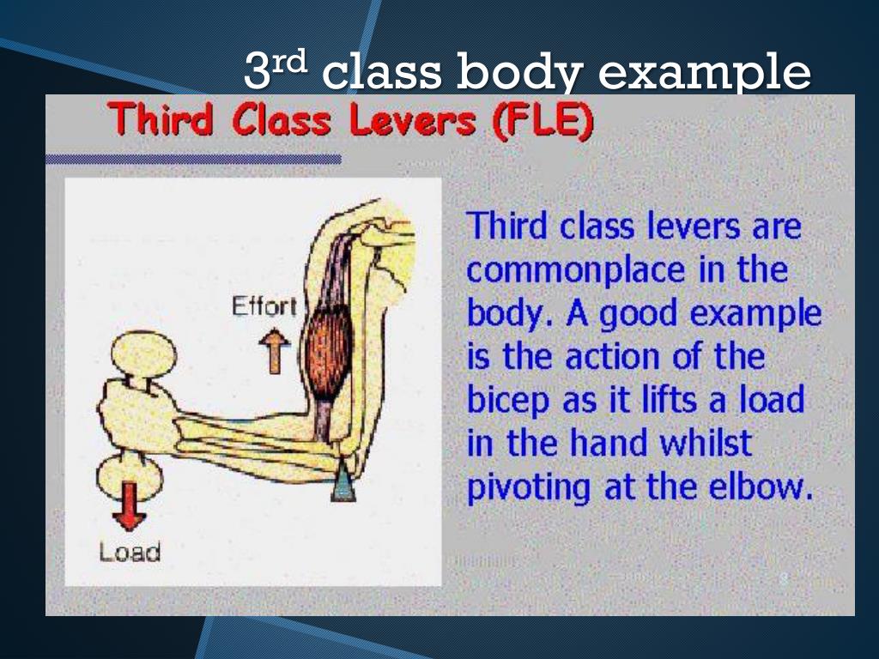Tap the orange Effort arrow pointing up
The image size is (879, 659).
pyautogui.click(x=275, y=352)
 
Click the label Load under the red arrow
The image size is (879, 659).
pyautogui.click(x=130, y=552)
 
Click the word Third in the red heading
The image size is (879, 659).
pyautogui.click(x=162, y=121)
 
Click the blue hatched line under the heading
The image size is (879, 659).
pyautogui.click(x=193, y=159)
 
